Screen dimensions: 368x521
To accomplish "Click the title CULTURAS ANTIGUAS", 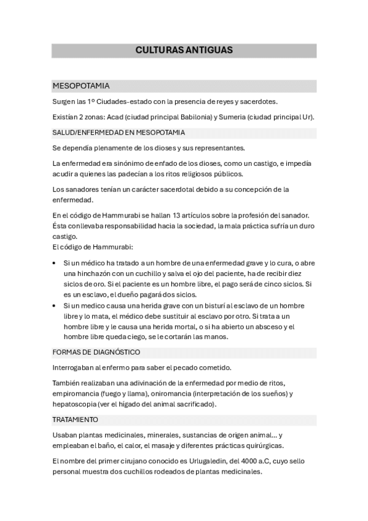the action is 184,50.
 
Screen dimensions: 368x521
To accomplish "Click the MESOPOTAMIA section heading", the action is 81,86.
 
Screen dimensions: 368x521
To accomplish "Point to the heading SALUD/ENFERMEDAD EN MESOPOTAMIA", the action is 119,133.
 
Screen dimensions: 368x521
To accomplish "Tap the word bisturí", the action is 206,305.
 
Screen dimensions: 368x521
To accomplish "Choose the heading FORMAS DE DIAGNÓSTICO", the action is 96,352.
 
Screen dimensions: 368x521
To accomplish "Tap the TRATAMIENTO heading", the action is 76,420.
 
